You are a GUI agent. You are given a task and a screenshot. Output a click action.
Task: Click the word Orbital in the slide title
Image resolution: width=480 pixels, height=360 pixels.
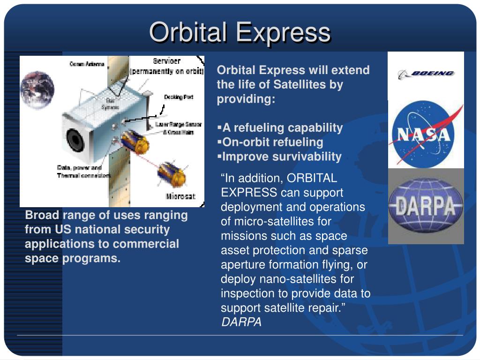coord(188,32)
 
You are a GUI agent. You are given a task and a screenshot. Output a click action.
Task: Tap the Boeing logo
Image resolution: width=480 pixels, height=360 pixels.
coord(426,74)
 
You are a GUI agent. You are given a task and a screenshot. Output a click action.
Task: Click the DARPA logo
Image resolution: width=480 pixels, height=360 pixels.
coord(426,206)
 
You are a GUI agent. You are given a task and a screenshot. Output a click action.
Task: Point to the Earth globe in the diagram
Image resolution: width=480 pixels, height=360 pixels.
coord(37,90)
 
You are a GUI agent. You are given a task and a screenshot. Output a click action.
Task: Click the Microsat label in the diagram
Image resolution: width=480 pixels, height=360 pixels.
coord(180,196)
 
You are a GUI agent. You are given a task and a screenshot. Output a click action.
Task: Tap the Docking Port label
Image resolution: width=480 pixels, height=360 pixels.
coord(179,97)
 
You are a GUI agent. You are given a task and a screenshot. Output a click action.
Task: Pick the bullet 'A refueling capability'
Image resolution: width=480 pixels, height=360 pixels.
coord(282,127)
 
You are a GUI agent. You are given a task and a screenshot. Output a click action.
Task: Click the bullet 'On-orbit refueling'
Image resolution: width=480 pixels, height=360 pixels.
coord(272,142)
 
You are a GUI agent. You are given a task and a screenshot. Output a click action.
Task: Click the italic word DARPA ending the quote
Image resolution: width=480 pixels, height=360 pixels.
coord(241,322)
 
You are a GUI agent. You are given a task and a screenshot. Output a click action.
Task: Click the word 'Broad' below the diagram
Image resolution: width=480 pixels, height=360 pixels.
coord(42,215)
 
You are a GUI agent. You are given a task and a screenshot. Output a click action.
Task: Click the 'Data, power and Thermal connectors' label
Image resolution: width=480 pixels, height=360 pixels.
coord(82,171)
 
